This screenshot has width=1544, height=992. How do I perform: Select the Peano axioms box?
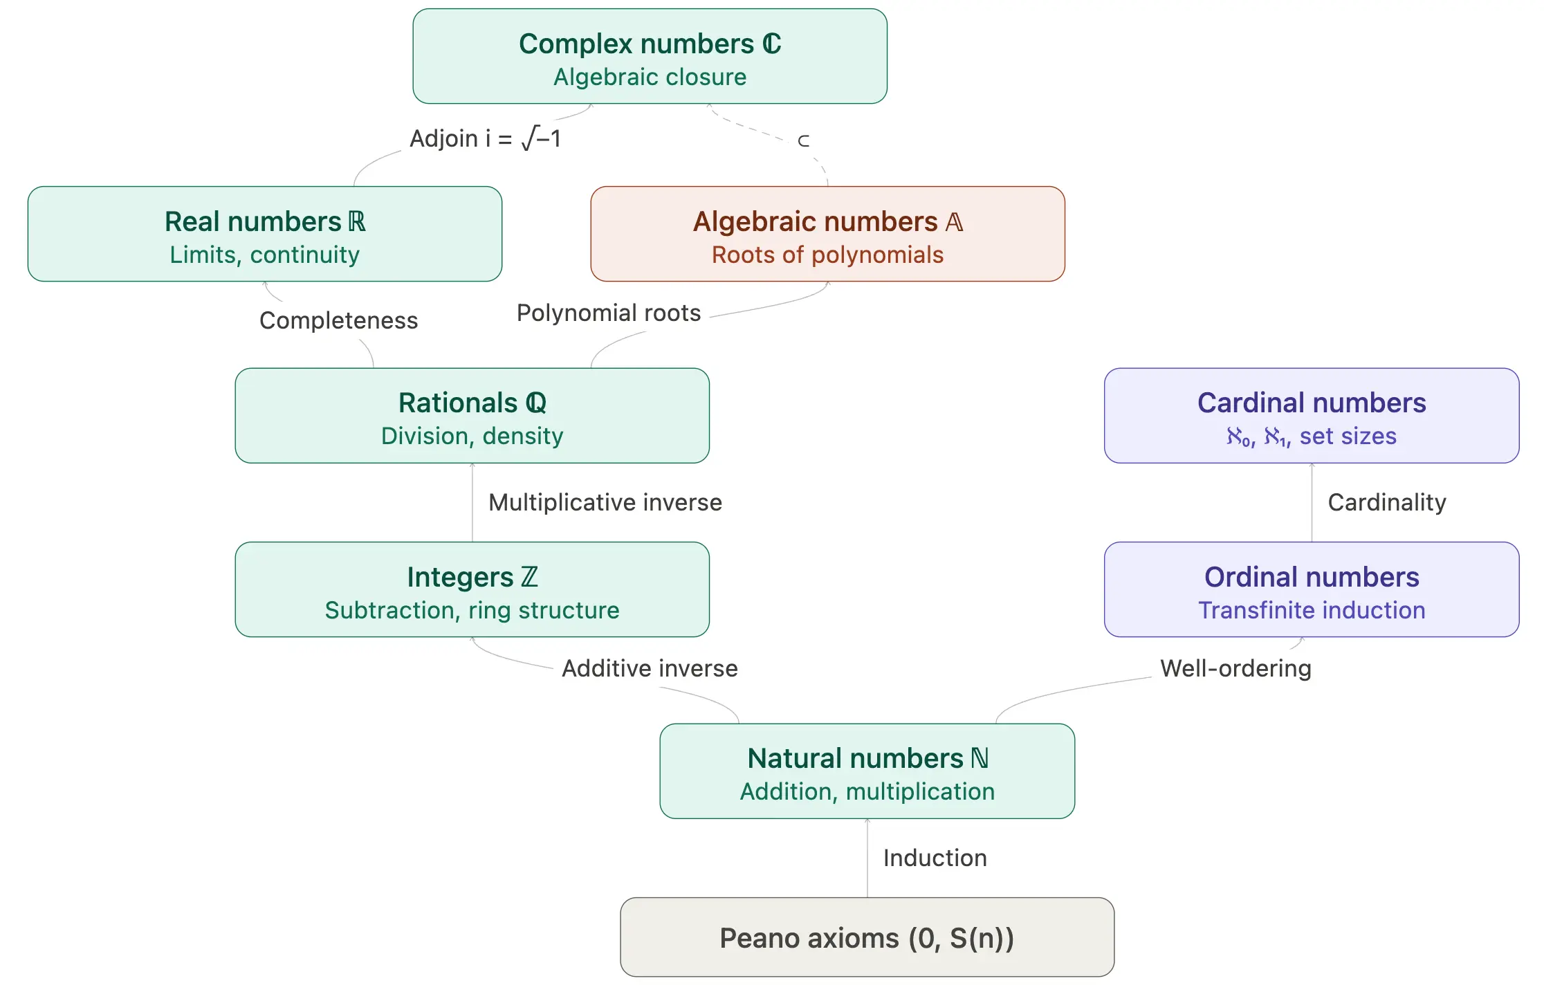click(x=867, y=937)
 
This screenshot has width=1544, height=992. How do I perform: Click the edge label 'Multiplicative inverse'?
click(x=605, y=502)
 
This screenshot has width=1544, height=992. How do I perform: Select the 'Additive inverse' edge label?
click(x=650, y=668)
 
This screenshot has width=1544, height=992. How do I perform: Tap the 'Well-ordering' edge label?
click(x=1235, y=668)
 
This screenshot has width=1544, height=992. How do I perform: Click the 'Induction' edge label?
click(x=935, y=858)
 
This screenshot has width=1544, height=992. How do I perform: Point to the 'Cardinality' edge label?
click(x=1386, y=502)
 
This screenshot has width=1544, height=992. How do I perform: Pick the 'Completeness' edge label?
click(x=338, y=320)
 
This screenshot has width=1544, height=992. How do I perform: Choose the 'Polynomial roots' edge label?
click(x=609, y=313)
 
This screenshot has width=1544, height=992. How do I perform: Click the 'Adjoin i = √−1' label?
click(x=485, y=138)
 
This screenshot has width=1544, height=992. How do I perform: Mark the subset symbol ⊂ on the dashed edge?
click(x=803, y=141)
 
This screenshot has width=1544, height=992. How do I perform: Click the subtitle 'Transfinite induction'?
click(x=1311, y=610)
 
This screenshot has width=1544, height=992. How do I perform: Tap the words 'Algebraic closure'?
click(x=650, y=77)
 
